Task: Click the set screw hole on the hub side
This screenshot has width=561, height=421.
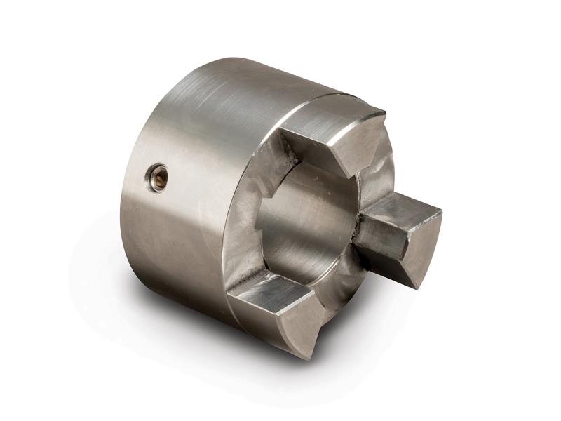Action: pos(158,178)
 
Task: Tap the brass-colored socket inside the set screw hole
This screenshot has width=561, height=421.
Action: pos(160,179)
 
